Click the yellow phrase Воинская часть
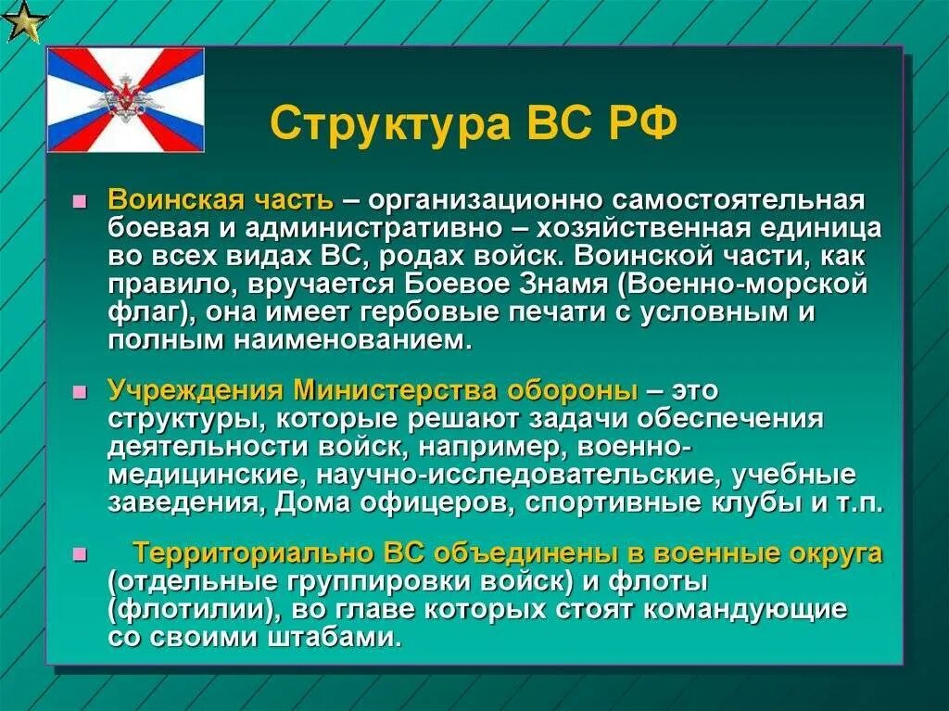(221, 201)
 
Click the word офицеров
(452, 503)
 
